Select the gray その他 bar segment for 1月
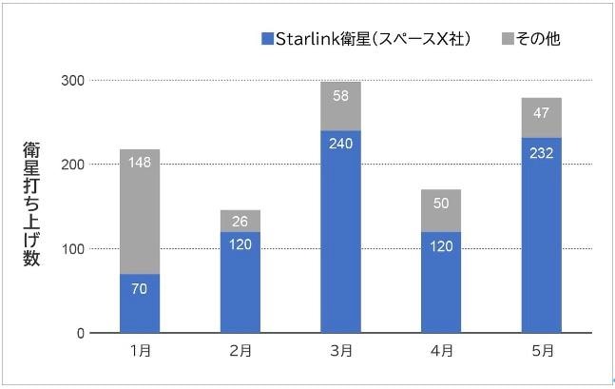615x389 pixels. point(140,211)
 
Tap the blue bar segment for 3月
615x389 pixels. point(340,232)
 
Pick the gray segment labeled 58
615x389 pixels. point(340,106)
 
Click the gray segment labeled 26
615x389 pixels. point(240,221)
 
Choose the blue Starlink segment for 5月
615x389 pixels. point(542,235)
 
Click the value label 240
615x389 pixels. point(340,145)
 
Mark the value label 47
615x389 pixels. point(542,111)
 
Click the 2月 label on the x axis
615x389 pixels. point(240,352)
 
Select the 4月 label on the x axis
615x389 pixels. point(441,352)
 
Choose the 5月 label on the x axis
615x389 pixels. point(542,352)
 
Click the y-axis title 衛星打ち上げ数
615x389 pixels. point(31,204)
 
